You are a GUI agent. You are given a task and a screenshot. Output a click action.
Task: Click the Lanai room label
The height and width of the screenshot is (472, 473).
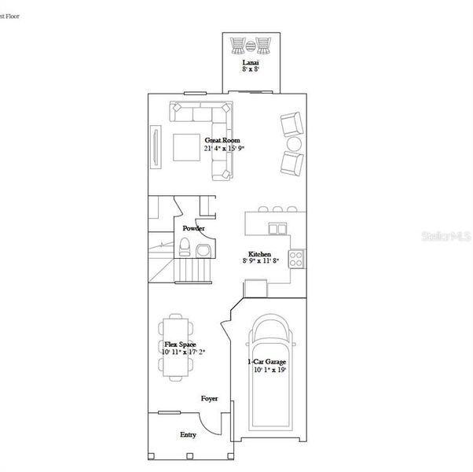click(251, 61)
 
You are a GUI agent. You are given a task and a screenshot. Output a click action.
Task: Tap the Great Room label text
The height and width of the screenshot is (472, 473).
click(219, 140)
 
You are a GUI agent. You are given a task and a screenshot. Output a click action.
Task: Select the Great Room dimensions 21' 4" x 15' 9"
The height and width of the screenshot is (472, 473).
click(219, 148)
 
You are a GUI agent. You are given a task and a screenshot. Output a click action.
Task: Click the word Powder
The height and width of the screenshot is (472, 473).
click(193, 228)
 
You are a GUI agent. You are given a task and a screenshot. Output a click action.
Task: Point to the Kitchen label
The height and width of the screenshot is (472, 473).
click(260, 254)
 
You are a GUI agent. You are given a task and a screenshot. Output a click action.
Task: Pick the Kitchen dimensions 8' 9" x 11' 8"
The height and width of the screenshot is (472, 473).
click(260, 262)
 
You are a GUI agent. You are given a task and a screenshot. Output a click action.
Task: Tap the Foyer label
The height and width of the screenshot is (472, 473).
click(209, 399)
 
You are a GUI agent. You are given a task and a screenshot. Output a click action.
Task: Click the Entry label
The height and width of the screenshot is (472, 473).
click(189, 434)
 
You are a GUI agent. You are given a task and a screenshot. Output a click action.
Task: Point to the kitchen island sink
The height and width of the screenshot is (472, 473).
click(277, 228)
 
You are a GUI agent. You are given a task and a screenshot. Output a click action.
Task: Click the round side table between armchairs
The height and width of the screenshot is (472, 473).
click(294, 145)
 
